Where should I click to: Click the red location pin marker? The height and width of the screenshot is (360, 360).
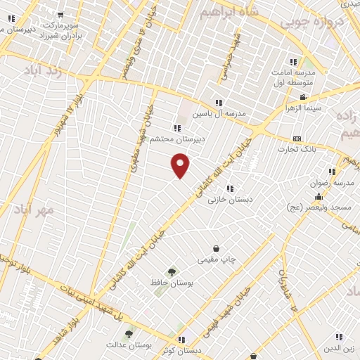181,166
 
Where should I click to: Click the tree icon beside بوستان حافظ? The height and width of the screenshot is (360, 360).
172,271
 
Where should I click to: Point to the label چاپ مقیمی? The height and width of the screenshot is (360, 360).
216,259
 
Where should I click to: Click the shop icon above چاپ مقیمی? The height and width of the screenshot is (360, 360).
216,248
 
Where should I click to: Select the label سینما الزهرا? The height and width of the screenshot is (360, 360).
303,108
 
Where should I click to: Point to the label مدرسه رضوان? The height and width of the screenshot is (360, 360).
328,183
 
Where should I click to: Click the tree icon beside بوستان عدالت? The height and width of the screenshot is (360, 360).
129,335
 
